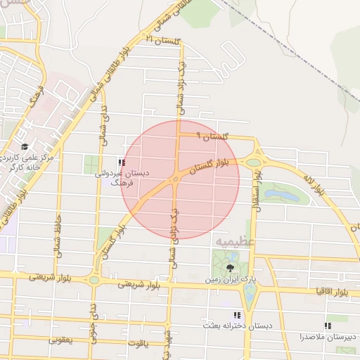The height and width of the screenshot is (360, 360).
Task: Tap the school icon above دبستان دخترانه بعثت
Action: pos(237,316)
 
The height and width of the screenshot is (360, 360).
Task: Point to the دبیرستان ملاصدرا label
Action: pos(328,336)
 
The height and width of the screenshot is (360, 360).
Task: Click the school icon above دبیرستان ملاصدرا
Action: pos(327,326)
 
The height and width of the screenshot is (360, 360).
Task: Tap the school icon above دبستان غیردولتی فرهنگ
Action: pos(122,162)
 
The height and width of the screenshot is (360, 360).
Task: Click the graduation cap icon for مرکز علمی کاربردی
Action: pos(25,147)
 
